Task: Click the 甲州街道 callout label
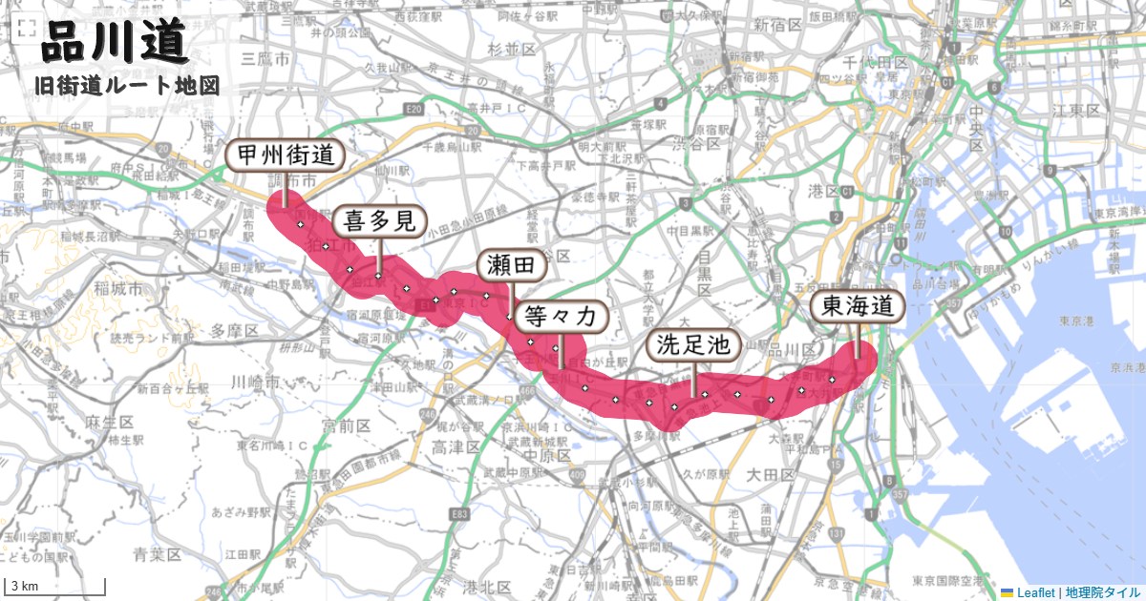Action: (x=284, y=155)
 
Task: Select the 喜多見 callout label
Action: (x=378, y=222)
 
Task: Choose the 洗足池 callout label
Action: (x=693, y=345)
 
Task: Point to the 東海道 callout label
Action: (x=857, y=307)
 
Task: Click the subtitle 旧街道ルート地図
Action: (x=127, y=86)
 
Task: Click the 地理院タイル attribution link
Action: (x=1103, y=592)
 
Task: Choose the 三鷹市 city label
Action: (x=266, y=59)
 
